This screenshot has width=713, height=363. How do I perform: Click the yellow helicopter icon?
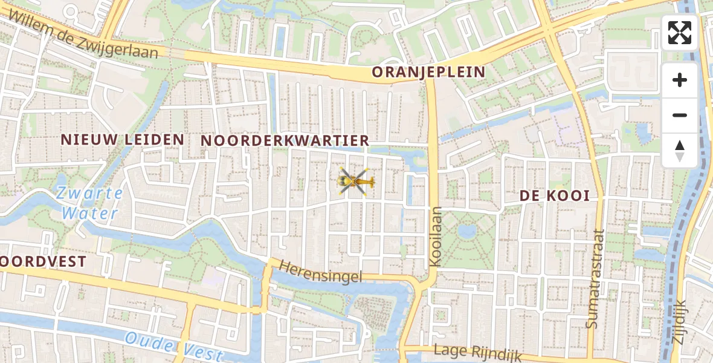point(356,181)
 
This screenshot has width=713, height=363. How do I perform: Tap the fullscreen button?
point(680,33)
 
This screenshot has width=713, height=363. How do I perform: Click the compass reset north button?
point(680,151)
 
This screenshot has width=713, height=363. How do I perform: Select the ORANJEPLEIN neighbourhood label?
point(428,73)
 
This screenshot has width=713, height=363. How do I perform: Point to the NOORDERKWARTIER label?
point(285,140)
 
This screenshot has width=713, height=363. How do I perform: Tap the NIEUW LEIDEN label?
point(122,139)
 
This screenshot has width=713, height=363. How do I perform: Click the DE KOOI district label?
point(554,196)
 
